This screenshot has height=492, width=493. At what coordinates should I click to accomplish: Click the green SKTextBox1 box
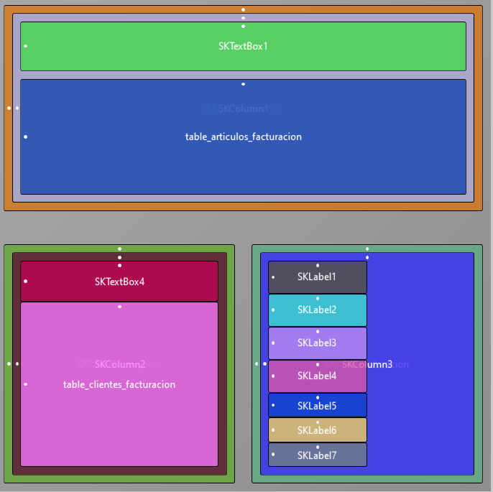pos(243,46)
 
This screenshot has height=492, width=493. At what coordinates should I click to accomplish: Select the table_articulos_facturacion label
pos(243,136)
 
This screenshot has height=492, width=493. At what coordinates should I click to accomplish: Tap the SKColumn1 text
pos(244,108)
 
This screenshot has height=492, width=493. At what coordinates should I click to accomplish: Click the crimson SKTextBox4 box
pos(119,282)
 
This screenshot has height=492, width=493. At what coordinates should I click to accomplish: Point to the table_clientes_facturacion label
pos(119,384)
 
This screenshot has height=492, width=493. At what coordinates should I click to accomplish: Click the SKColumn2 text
pos(120,364)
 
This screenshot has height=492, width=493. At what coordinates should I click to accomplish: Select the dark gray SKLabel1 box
pos(317,277)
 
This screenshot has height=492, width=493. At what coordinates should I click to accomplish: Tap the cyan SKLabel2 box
pos(317,310)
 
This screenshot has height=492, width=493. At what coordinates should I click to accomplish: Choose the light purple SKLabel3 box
pos(317,343)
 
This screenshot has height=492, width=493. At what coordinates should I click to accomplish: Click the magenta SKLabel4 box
pos(317,376)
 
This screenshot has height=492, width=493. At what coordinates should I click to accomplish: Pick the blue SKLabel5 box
pos(317,406)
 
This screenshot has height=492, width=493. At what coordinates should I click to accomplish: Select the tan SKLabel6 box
pos(317,430)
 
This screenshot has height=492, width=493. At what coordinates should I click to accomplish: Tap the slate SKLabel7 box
pos(317,455)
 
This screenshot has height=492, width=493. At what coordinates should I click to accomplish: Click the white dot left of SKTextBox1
pos(26,46)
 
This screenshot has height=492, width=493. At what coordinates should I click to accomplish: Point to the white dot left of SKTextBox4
pos(26,282)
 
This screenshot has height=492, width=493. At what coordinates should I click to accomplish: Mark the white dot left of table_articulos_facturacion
pos(26,136)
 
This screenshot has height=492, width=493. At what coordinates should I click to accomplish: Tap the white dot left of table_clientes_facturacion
pos(26,384)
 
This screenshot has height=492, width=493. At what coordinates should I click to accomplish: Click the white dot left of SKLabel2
pos(273,310)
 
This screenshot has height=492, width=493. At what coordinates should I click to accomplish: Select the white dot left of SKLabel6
pos(273,430)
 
